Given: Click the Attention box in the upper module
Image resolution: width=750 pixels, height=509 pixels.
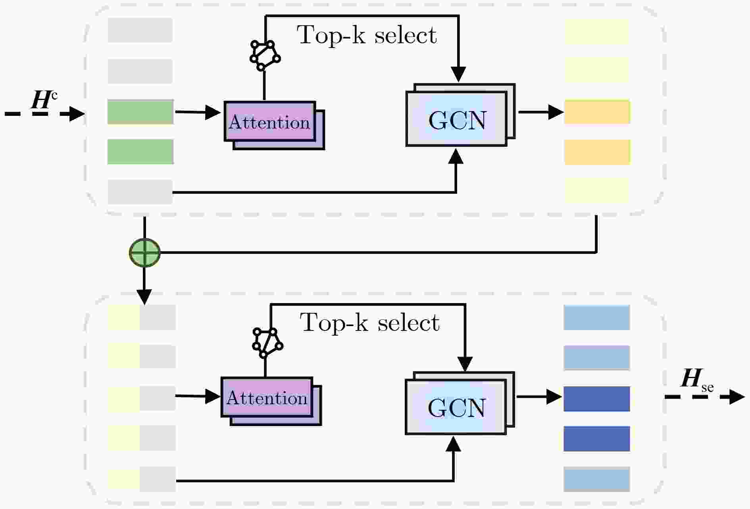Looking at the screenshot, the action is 274,125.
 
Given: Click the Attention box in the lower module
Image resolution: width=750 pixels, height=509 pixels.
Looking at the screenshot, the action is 271,401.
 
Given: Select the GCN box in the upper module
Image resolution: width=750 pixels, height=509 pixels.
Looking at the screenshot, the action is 460,115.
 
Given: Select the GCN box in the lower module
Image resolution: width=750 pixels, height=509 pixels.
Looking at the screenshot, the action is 460,403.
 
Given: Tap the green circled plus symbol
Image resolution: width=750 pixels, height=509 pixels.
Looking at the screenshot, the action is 145,252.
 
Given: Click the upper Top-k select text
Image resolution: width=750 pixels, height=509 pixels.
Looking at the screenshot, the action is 367,35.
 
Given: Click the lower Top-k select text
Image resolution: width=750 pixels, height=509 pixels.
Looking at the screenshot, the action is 369,323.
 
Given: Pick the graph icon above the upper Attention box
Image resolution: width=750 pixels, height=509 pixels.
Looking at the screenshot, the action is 265,56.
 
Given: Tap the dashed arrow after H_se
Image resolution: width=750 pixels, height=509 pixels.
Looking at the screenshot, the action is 705,397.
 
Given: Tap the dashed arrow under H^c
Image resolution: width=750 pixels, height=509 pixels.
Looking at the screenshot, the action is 44,114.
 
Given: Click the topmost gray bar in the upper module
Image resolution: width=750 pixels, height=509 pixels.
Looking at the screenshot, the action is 140,30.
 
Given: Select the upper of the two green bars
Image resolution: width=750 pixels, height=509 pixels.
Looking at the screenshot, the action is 140,112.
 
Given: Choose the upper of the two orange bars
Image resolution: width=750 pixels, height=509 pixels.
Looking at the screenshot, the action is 597,112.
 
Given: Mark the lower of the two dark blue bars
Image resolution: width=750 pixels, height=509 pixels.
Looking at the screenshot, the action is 597,439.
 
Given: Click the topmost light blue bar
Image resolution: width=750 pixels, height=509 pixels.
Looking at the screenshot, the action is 597,317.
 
